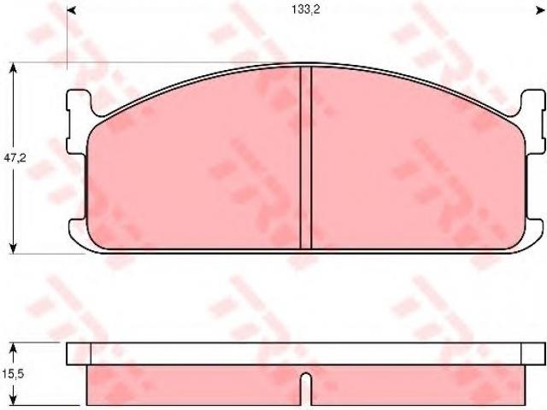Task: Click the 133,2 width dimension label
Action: [x=306, y=9]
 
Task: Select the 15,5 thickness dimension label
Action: [x=13, y=374]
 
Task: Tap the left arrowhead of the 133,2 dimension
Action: [x=71, y=11]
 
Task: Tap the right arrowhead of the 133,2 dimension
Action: [x=540, y=11]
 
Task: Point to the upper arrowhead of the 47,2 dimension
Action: [x=14, y=67]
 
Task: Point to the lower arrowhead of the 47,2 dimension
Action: [x=14, y=249]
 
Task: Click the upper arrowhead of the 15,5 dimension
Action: [x=14, y=348]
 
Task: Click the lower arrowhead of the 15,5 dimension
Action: [x=14, y=401]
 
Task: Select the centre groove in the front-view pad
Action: [x=306, y=157]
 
